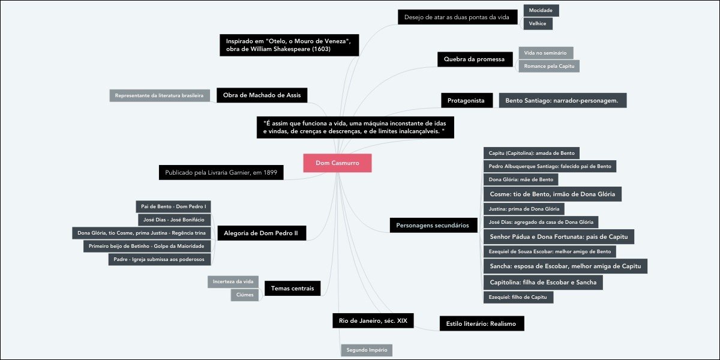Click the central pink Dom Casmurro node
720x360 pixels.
(x=337, y=163)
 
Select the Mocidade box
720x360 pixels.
(x=541, y=11)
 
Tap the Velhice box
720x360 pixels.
(x=538, y=24)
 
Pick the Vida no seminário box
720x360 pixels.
(x=546, y=53)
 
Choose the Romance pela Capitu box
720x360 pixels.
(x=549, y=66)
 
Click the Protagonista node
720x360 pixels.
(x=466, y=100)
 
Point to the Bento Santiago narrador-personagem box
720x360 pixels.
(x=562, y=100)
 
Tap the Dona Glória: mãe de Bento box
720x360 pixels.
(x=521, y=179)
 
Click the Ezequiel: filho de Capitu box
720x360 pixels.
(x=518, y=297)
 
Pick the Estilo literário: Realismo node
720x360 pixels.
(x=481, y=323)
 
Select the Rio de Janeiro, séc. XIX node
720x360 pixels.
(x=373, y=321)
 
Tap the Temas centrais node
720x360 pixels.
(x=292, y=289)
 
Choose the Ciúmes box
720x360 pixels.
(x=245, y=295)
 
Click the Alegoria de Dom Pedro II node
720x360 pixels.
(x=261, y=233)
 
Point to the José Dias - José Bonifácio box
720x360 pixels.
(x=174, y=220)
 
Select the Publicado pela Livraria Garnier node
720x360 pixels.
(x=221, y=173)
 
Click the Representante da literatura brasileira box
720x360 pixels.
(x=160, y=95)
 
